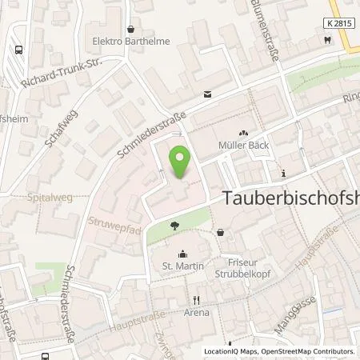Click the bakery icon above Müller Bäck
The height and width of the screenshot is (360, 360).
(x=242, y=133)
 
